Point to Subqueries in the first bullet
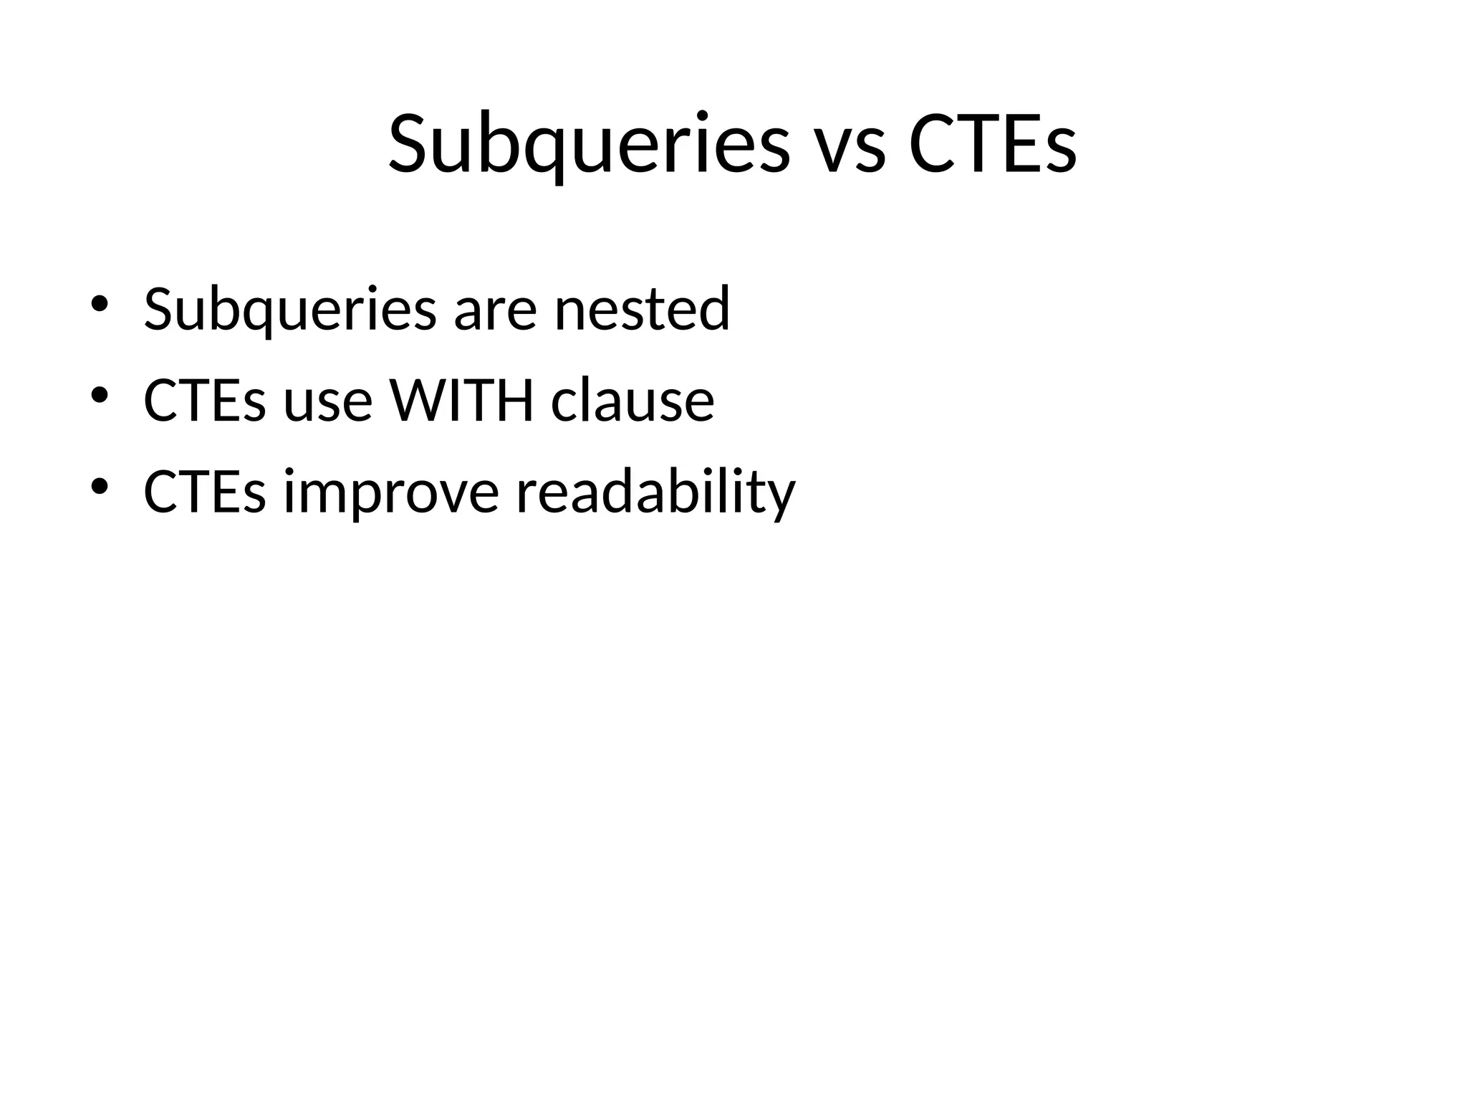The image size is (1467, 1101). [x=289, y=310]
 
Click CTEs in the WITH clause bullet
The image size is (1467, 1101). [x=204, y=400]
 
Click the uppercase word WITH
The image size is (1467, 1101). [x=461, y=400]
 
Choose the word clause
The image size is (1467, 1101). [x=632, y=400]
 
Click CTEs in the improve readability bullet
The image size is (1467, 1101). [x=204, y=492]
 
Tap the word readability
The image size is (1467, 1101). [x=655, y=492]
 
